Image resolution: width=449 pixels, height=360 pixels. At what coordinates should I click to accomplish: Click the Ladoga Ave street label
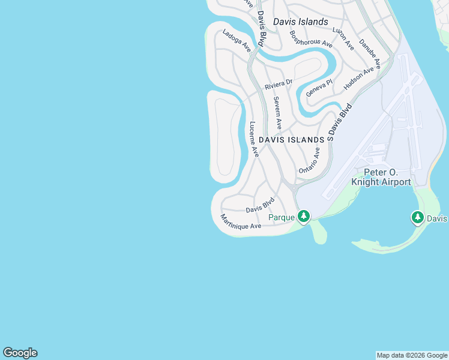click(237, 41)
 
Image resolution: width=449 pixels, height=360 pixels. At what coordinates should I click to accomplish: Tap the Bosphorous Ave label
click(311, 39)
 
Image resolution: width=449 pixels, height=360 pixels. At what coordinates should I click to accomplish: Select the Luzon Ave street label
click(343, 37)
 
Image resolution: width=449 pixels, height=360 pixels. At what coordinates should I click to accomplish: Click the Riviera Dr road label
click(279, 85)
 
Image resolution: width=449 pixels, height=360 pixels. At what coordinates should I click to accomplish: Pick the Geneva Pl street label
click(319, 88)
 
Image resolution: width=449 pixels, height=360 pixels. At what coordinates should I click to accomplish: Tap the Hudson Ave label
click(358, 79)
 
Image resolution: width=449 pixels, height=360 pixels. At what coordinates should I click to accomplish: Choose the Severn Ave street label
click(277, 113)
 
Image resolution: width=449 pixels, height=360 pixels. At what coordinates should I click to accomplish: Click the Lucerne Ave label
click(254, 139)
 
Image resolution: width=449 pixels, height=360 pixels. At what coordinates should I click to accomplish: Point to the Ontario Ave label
click(310, 161)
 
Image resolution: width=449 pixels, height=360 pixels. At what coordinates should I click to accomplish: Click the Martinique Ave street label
click(241, 221)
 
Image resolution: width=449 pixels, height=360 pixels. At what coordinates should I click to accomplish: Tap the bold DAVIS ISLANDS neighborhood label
click(292, 139)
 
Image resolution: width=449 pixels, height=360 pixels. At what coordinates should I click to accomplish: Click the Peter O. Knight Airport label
click(384, 177)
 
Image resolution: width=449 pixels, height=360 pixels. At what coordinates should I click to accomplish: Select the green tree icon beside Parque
click(304, 216)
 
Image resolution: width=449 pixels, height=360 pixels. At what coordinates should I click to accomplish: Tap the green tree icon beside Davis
click(418, 218)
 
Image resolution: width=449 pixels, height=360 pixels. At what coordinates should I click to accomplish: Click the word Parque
click(282, 217)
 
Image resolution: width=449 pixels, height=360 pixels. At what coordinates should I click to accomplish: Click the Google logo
click(20, 353)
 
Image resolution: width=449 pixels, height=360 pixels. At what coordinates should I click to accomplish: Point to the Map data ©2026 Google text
click(412, 355)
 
